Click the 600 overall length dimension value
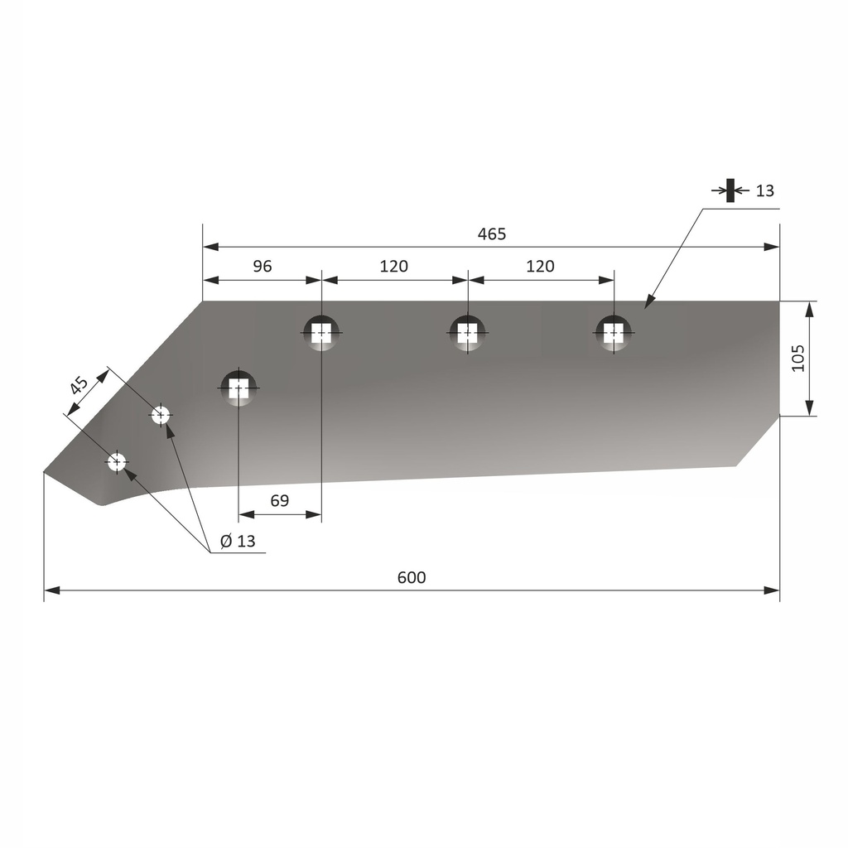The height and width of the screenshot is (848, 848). tap(412, 577)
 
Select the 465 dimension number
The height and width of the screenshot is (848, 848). tap(492, 234)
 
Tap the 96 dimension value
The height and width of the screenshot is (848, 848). tap(263, 266)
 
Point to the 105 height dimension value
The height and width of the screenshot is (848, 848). tap(798, 358)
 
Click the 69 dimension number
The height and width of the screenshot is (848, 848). tap(280, 501)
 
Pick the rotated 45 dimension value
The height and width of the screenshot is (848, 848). tap(79, 386)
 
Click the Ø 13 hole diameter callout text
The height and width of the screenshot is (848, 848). tap(238, 541)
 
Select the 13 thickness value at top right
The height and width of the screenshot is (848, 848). tap(764, 191)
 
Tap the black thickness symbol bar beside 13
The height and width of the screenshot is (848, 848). tap(730, 190)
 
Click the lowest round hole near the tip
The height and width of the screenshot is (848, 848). tap(116, 462)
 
